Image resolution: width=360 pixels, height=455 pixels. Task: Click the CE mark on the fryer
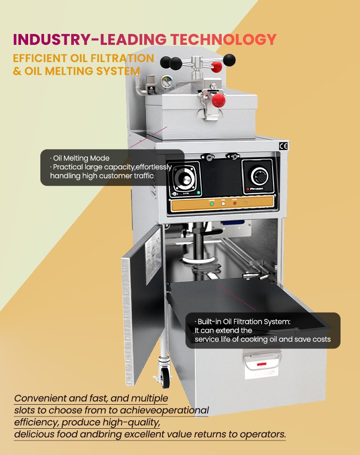click(283, 146)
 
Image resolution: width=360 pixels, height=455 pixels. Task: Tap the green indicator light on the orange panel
click(212, 204)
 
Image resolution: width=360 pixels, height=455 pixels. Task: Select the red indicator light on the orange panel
click(234, 203)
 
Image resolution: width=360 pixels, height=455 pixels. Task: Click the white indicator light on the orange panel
click(223, 203)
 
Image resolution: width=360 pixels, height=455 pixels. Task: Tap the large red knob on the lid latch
click(219, 100)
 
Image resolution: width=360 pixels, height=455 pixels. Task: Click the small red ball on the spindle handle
click(216, 67)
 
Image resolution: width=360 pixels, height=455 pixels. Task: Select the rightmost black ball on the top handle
click(229, 60)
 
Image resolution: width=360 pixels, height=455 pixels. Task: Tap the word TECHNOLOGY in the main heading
click(223, 39)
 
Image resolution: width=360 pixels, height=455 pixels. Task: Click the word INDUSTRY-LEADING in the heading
click(90, 39)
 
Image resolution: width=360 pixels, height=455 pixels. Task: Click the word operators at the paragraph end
click(263, 435)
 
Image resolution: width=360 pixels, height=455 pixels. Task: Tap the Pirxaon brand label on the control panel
click(255, 189)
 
